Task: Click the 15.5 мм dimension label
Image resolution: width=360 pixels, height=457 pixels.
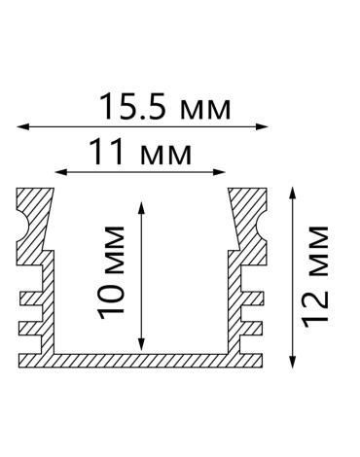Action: (x=165, y=107)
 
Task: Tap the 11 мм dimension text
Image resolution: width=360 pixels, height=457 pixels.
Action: (x=140, y=152)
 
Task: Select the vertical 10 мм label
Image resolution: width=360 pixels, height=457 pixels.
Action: (x=112, y=273)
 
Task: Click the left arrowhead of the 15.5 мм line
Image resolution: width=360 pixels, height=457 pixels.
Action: (x=22, y=126)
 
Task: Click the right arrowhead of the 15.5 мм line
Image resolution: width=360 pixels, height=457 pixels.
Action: (x=262, y=126)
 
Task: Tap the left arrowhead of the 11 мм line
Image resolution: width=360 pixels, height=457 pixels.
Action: (x=61, y=172)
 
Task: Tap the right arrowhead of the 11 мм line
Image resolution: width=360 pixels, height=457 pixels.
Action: (x=219, y=172)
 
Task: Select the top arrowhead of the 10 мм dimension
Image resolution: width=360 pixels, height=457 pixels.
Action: (x=141, y=208)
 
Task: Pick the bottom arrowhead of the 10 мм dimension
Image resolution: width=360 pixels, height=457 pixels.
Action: (x=141, y=345)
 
